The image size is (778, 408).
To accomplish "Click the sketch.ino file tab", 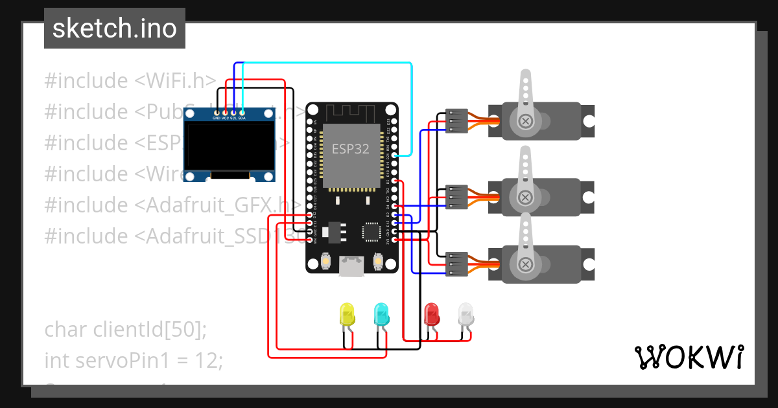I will click(114, 28).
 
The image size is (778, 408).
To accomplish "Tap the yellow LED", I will click(348, 315).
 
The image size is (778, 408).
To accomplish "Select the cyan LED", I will click(382, 315).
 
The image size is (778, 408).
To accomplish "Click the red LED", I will click(431, 315).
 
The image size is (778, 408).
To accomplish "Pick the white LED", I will click(466, 315).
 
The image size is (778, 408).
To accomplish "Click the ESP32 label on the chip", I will click(351, 149).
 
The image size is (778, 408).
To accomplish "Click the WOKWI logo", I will click(689, 357).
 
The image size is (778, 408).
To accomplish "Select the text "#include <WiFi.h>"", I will click(130, 81).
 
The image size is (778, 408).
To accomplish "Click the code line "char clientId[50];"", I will click(125, 329).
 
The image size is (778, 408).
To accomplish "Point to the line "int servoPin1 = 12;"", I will click(133, 360).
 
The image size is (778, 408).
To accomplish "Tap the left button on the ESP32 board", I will click(325, 261).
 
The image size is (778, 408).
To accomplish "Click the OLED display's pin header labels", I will click(229, 118).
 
